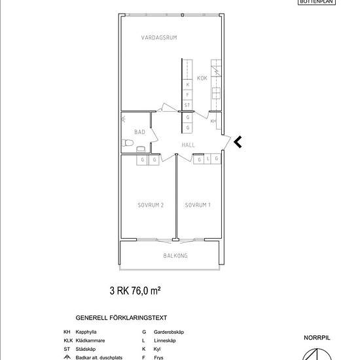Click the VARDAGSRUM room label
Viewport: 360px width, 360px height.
pyautogui.click(x=159, y=38)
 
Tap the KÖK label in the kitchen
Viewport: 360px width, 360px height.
pyautogui.click(x=202, y=79)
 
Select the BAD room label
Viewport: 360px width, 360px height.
pyautogui.click(x=139, y=132)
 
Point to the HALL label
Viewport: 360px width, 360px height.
pyautogui.click(x=189, y=145)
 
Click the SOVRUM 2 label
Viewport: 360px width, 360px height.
pyautogui.click(x=150, y=206)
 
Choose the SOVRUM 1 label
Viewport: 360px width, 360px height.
pyautogui.click(x=197, y=206)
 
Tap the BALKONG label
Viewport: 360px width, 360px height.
pyautogui.click(x=175, y=256)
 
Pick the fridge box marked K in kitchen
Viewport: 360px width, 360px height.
pyautogui.click(x=188, y=84)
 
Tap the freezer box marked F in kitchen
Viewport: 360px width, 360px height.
pyautogui.click(x=188, y=95)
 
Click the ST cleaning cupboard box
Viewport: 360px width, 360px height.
pyautogui.click(x=187, y=105)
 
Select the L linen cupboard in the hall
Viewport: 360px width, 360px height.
pyautogui.click(x=207, y=158)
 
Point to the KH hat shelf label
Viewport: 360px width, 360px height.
pyautogui.click(x=213, y=121)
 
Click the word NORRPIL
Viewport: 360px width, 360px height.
pyautogui.click(x=317, y=338)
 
